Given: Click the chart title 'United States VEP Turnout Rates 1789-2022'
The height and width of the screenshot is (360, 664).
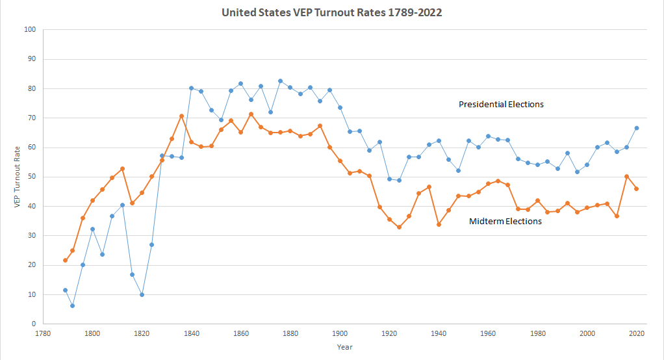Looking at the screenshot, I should coord(332,12).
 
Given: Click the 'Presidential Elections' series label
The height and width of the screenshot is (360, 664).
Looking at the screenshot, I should coord(501,104).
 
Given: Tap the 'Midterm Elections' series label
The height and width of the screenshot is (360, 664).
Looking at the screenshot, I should coord(505,221).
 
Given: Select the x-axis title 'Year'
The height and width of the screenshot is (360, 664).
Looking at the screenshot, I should coord(345,347).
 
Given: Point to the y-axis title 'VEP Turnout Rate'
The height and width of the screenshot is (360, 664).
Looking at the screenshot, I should coord(18,177).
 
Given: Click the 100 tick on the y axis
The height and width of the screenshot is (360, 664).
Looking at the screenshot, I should coord(30,30).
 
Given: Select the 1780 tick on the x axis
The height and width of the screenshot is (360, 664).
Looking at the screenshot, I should coord(43,333).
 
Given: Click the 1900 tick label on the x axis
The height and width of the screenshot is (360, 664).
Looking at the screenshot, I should coord(340,333).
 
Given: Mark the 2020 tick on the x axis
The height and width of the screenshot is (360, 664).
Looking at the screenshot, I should coord(637,333).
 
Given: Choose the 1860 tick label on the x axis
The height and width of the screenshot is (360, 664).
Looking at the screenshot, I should coord(241,333).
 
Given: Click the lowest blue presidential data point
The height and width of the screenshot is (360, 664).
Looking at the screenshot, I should coord(73,305).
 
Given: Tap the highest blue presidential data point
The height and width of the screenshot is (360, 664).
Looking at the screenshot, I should coord(280,81).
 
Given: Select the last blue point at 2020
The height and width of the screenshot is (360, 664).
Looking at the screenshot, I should coord(637,128).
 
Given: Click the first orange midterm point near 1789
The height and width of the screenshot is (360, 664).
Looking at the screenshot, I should coord(65,261).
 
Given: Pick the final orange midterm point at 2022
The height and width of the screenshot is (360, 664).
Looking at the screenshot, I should coord(637,188).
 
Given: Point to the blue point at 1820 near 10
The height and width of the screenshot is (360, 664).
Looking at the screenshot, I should coord(142,294).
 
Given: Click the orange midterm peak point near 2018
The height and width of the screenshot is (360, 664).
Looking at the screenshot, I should coord(627,176).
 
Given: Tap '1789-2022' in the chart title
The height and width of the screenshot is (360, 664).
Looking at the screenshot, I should coord(413,12).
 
